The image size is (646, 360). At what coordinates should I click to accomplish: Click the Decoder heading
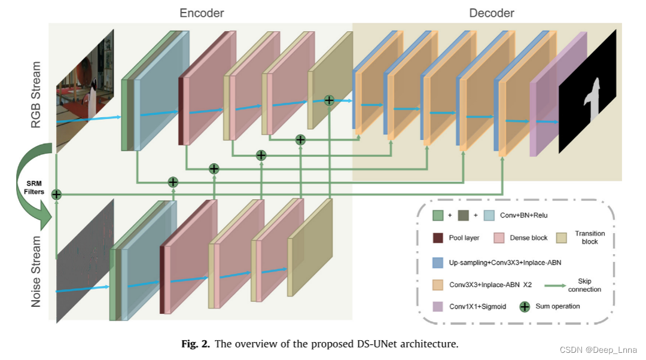coord(491,13)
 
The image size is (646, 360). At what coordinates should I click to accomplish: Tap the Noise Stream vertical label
coord(37,271)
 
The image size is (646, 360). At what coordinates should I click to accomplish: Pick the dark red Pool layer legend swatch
coord(438,237)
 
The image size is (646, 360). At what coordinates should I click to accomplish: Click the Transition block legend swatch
coord(562,237)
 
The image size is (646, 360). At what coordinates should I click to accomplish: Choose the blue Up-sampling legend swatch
coord(438,262)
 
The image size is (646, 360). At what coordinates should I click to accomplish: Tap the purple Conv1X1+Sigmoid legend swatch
coord(438,306)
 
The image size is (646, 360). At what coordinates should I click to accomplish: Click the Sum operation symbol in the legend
coord(524,307)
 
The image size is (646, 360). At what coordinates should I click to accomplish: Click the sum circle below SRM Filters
coord(56,194)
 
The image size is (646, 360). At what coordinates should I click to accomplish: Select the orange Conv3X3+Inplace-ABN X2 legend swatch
coord(438,284)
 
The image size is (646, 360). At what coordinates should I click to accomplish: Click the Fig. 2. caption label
coord(196,344)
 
